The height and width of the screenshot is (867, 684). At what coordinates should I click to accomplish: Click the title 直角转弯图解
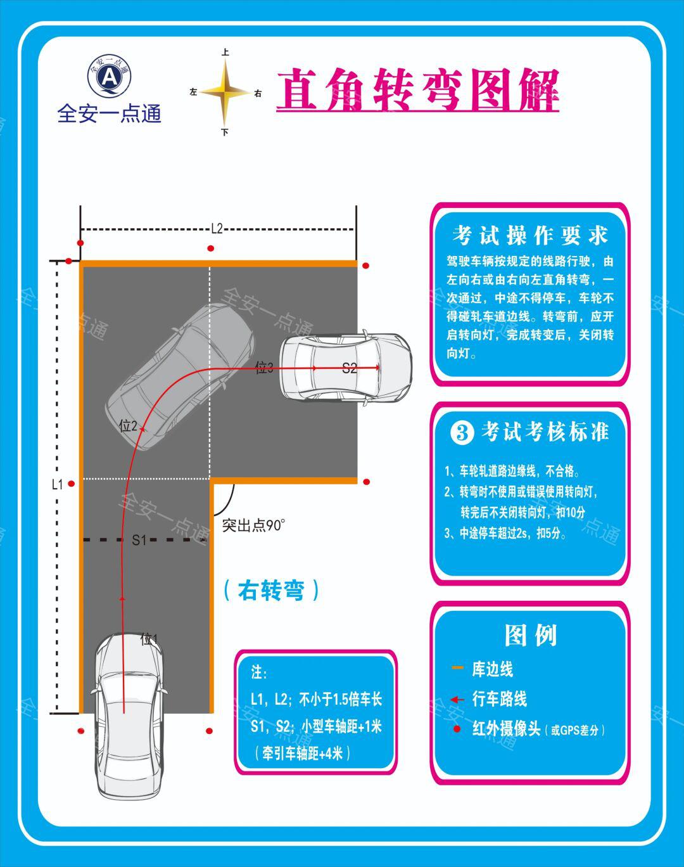pyautogui.click(x=417, y=90)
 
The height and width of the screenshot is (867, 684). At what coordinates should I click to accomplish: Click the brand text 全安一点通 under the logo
pyautogui.click(x=110, y=114)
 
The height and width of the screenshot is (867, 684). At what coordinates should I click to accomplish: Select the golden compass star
pyautogui.click(x=225, y=93)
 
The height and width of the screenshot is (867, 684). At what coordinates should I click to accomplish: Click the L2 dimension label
pyautogui.click(x=217, y=229)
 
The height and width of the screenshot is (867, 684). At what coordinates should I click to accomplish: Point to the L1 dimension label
pyautogui.click(x=58, y=484)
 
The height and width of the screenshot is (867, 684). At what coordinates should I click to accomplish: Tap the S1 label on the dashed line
pyautogui.click(x=139, y=540)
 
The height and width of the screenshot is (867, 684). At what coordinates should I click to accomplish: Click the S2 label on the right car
pyautogui.click(x=350, y=368)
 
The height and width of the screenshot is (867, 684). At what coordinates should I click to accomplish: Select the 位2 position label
pyautogui.click(x=128, y=426)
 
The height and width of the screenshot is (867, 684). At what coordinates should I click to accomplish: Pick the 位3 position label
pyautogui.click(x=264, y=368)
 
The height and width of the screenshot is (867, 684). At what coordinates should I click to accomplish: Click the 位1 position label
pyautogui.click(x=149, y=639)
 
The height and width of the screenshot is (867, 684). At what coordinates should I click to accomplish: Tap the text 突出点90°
pyautogui.click(x=253, y=525)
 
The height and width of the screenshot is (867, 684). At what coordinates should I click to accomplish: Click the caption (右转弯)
pyautogui.click(x=271, y=590)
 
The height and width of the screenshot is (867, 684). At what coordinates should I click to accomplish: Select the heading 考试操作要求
pyautogui.click(x=530, y=235)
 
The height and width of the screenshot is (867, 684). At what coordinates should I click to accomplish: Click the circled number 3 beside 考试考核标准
pyautogui.click(x=462, y=433)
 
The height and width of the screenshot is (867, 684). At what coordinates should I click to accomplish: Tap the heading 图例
pyautogui.click(x=531, y=635)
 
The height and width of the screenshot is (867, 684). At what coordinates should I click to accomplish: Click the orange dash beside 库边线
pyautogui.click(x=457, y=669)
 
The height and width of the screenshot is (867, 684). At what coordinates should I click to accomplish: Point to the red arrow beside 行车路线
pyautogui.click(x=457, y=700)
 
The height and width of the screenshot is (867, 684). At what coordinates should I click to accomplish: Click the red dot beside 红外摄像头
pyautogui.click(x=457, y=729)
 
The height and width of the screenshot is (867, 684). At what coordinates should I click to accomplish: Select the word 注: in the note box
pyautogui.click(x=260, y=672)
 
